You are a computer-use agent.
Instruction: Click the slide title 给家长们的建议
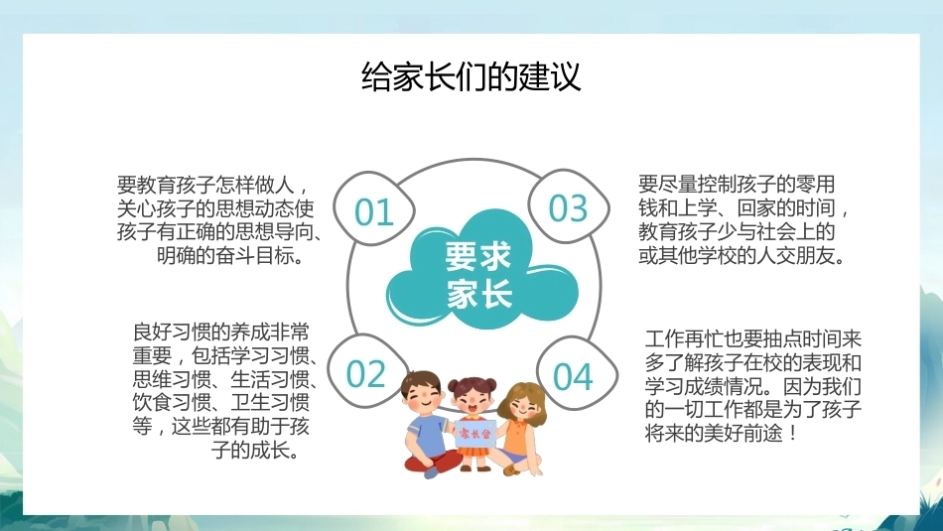(471, 76)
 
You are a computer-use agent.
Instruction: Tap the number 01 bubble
(373, 208)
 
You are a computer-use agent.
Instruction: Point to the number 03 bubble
(569, 206)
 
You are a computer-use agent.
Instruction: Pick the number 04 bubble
(576, 374)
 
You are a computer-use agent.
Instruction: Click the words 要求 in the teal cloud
(477, 256)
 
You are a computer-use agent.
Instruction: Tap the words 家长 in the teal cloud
(478, 293)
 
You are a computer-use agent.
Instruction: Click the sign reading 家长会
(475, 433)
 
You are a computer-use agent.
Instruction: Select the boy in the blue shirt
(426, 424)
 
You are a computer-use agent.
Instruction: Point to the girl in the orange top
(521, 428)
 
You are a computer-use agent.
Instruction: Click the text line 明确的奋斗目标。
(230, 256)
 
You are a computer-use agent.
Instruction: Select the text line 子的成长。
(255, 450)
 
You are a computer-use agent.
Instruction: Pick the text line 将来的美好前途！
(722, 432)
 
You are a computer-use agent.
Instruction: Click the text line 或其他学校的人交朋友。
(742, 255)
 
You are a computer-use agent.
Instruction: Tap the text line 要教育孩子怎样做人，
(214, 184)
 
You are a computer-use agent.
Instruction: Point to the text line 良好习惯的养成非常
(221, 332)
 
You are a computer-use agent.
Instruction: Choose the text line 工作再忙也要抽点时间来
(753, 338)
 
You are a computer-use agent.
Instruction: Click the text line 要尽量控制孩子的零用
(737, 183)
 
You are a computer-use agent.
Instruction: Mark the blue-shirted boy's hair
(421, 381)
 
